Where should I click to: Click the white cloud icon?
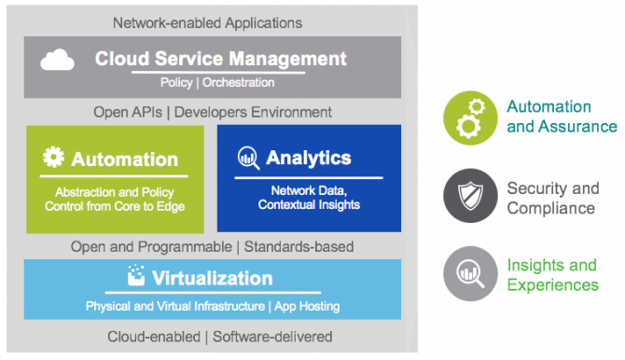tap(58, 61)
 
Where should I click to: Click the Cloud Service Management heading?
tap(220, 59)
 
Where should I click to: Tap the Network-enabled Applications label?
tap(207, 21)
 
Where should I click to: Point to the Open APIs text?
tap(130, 112)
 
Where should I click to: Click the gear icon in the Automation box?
tap(54, 158)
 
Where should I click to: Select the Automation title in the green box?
tap(124, 159)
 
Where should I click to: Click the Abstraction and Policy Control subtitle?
tap(114, 199)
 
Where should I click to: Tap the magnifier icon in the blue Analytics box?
tap(248, 157)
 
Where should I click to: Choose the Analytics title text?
tap(308, 157)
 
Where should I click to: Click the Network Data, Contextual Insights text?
tap(309, 198)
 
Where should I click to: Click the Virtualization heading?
tap(212, 278)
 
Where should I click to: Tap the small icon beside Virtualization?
tap(136, 276)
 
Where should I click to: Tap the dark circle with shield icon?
tap(470, 197)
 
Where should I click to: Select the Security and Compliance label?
tap(553, 197)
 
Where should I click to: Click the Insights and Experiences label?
tap(552, 276)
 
